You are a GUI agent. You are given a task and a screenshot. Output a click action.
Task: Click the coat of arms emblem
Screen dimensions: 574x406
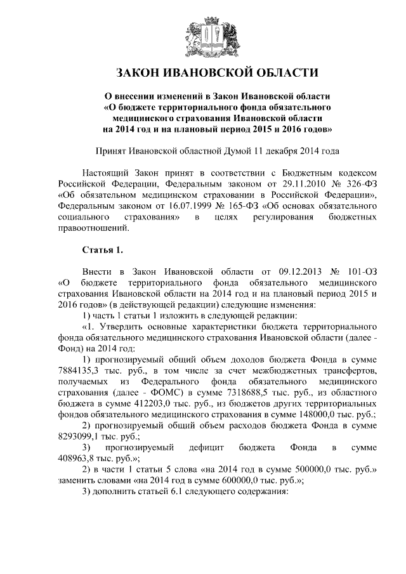click(x=203, y=34)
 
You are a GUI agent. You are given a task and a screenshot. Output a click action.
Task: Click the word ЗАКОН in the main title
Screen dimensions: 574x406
click(x=140, y=72)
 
